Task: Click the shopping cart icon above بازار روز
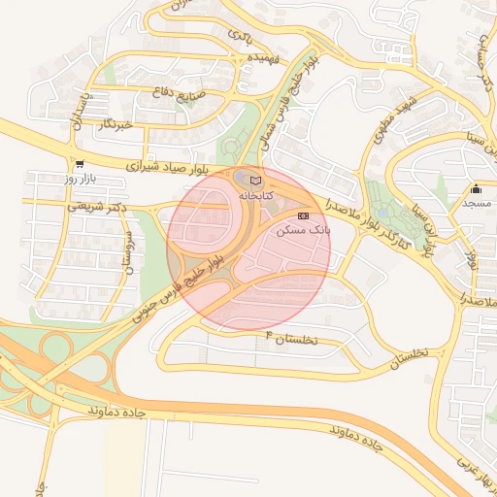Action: pos(79,165)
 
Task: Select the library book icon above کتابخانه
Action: pos(255,181)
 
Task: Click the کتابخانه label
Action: pos(255,195)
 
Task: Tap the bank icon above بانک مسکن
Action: pos(304,215)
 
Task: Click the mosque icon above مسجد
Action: pos(476,188)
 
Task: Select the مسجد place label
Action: pos(476,203)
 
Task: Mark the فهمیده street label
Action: pos(263,58)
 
